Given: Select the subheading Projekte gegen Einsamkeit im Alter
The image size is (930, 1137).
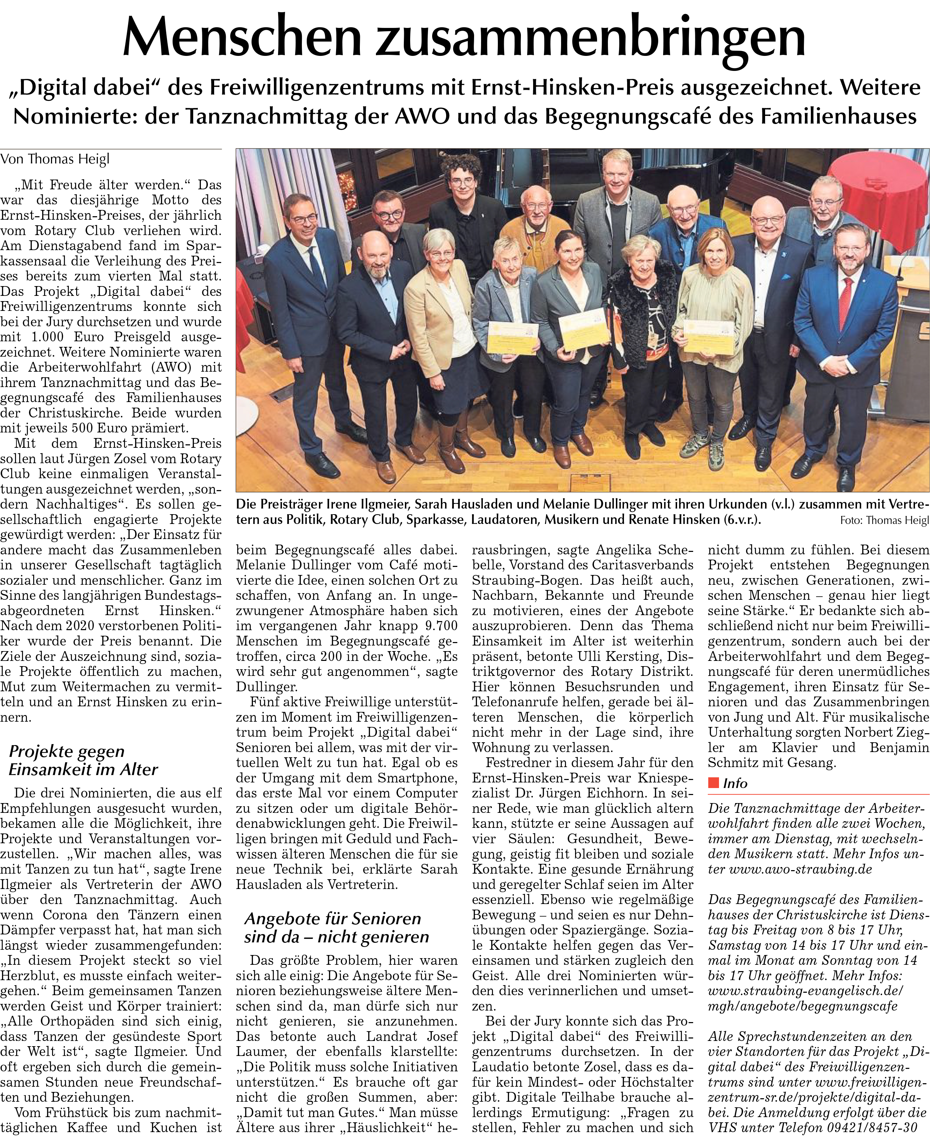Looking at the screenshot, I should pyautogui.click(x=83, y=760).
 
